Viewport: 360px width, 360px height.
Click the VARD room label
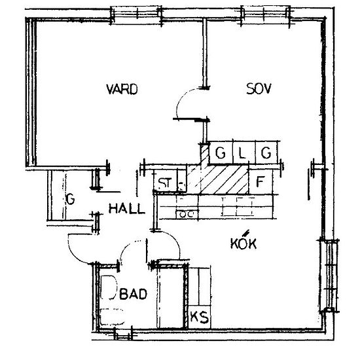pos(122,89)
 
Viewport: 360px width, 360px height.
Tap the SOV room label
pos(259,88)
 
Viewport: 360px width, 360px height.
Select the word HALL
pos(127,209)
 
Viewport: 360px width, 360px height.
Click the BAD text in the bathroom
pos(133,294)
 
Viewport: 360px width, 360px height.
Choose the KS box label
pos(200,317)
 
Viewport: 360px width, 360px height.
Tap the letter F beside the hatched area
pos(260,181)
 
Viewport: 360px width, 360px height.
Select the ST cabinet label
pos(165,183)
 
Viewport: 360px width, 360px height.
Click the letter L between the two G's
pos(242,153)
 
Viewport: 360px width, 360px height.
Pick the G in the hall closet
pos(70,199)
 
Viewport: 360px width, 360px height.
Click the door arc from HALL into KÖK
pos(174,239)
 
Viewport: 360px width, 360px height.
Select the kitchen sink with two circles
pos(187,214)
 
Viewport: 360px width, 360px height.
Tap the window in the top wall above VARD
pos(136,16)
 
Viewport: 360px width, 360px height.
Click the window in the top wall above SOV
pos(265,16)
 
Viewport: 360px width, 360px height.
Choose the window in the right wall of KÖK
pos(329,276)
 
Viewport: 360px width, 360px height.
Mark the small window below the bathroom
pos(124,334)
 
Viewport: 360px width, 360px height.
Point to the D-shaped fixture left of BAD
pos(109,287)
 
